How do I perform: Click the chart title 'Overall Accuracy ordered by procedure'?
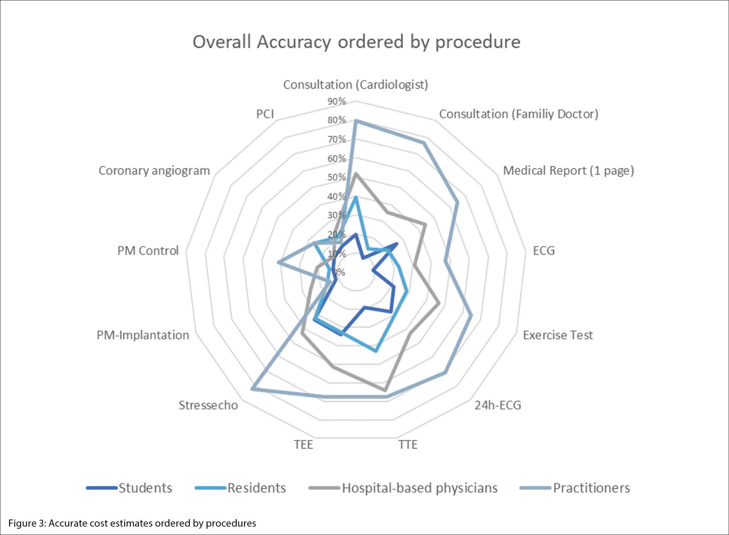pos(356,42)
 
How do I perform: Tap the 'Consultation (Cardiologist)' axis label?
pos(356,85)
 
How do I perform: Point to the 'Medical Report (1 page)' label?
pos(568,171)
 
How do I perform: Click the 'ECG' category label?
pos(544,251)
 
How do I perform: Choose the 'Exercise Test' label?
pos(558,335)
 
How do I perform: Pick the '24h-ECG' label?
pos(498,405)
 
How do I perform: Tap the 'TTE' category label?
pos(408,445)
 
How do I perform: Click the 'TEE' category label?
pos(304,445)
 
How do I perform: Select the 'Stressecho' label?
pos(208,405)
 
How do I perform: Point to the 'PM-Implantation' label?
pos(143,335)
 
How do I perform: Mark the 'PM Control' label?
pos(148,251)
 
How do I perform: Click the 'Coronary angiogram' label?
pos(154,171)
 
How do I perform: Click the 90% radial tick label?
pos(337,101)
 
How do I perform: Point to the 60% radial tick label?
pos(337,159)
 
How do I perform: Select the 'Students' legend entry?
pos(145,488)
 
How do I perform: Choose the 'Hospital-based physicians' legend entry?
pos(420,488)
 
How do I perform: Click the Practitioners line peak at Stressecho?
pos(252,389)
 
